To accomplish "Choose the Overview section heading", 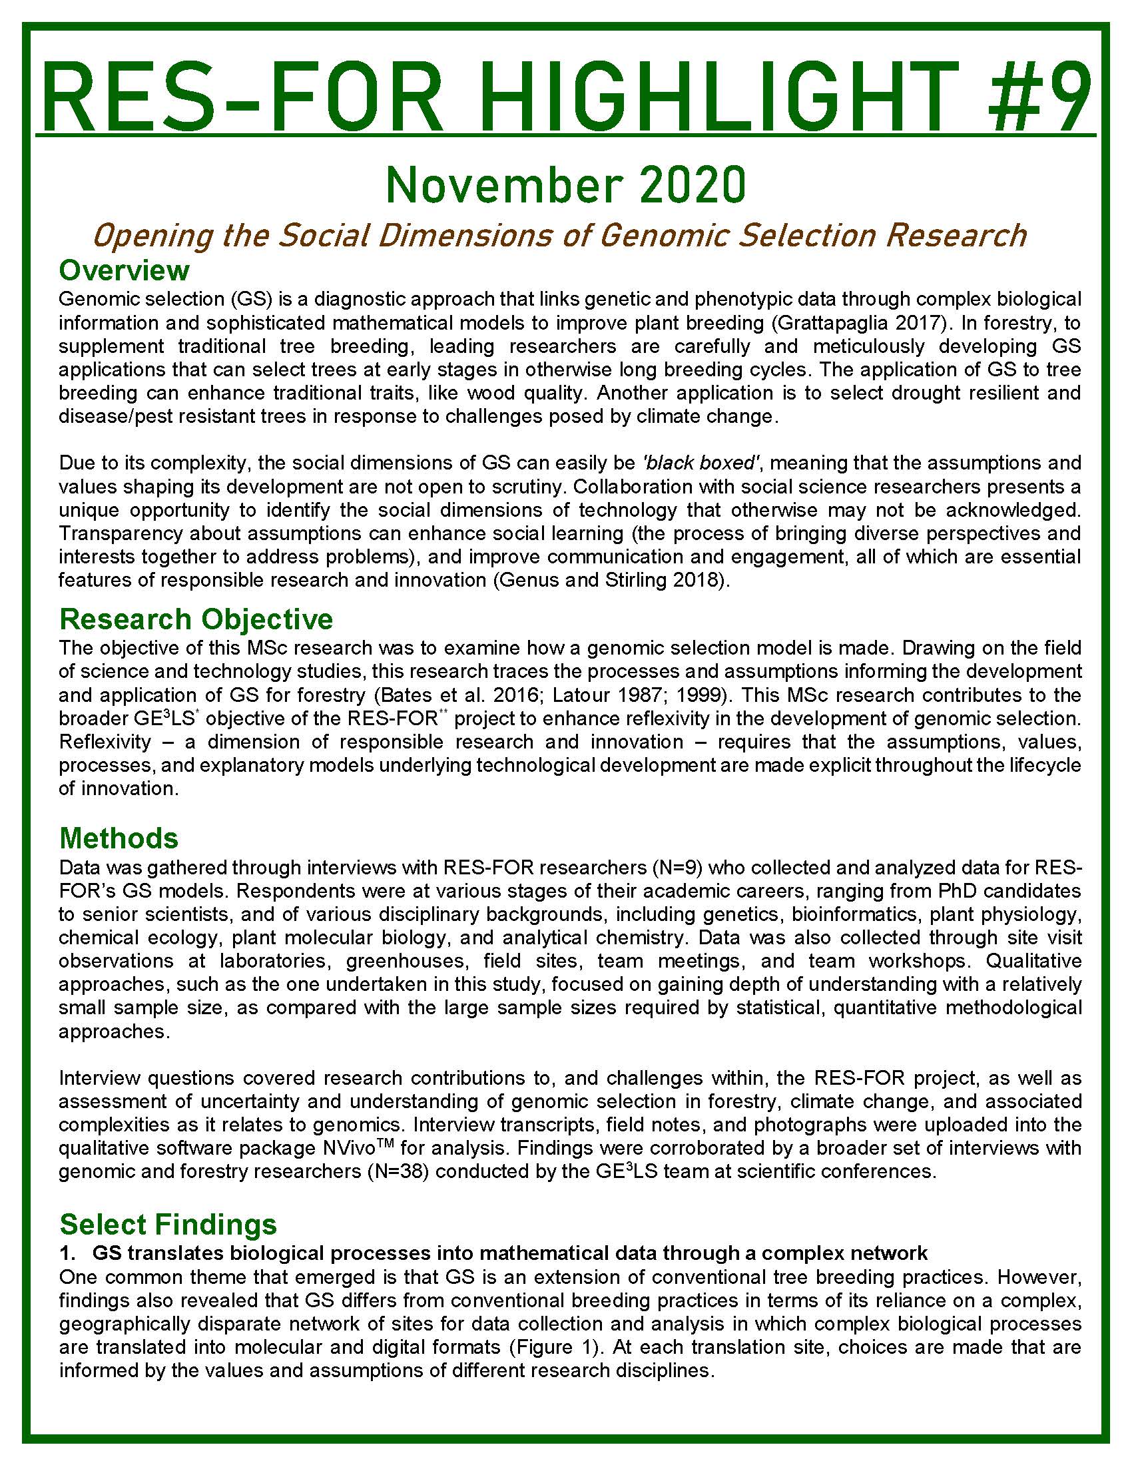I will tap(124, 270).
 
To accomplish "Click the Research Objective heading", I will tap(196, 619).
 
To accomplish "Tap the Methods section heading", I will tap(119, 838).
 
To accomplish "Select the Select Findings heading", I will tap(168, 1224).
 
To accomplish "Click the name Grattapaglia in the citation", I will tap(831, 323).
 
